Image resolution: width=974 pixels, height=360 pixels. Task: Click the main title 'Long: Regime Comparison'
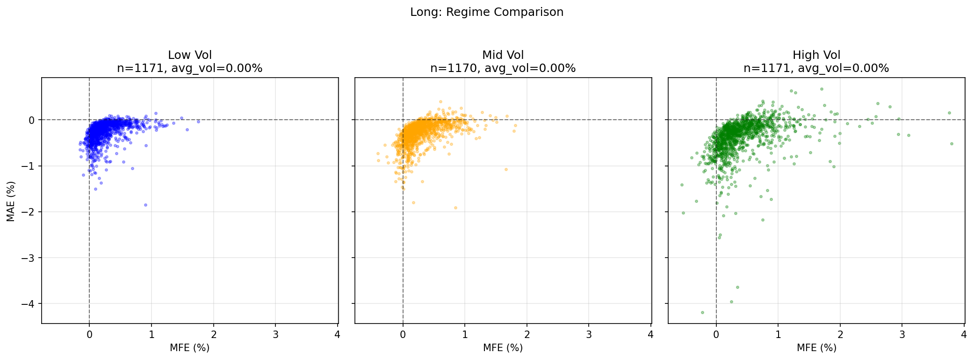click(487, 12)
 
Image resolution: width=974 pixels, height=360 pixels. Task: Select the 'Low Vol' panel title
click(190, 55)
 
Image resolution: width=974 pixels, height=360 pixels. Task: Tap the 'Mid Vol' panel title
click(503, 55)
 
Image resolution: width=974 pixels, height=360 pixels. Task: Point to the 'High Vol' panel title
click(816, 55)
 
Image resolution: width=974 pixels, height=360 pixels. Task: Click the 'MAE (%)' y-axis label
click(11, 201)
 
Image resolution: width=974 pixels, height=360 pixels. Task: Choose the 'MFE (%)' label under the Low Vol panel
click(190, 348)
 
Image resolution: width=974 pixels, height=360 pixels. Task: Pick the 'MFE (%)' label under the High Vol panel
click(816, 348)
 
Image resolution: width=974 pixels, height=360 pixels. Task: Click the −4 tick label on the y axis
click(28, 304)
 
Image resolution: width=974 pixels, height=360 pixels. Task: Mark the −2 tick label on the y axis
click(28, 212)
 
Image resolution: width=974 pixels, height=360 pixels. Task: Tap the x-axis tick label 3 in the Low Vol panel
click(275, 335)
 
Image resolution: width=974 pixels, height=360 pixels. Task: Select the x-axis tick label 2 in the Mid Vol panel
click(527, 335)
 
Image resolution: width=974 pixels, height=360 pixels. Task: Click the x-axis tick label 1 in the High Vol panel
click(778, 335)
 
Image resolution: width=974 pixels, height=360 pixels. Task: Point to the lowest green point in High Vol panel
click(702, 312)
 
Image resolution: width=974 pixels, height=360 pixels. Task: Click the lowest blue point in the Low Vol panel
click(145, 205)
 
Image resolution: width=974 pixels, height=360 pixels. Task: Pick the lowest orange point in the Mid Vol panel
click(455, 208)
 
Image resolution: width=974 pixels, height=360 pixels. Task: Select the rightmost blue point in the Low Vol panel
click(198, 122)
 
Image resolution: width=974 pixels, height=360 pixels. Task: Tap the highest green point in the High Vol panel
click(822, 89)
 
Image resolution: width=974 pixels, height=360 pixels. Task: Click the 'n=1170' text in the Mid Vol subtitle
click(453, 68)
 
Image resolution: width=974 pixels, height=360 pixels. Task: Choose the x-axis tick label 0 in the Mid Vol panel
click(403, 335)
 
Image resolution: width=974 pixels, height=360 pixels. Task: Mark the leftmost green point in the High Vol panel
click(682, 185)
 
